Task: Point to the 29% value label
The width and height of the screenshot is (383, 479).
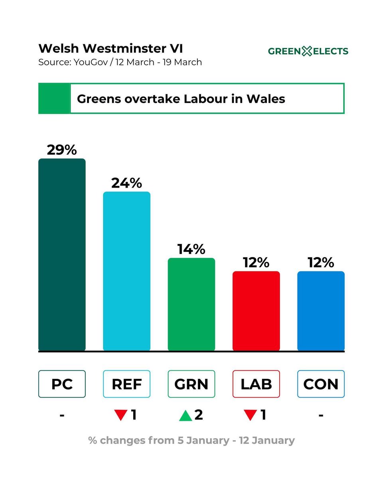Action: [x=62, y=150]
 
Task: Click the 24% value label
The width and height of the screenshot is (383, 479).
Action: [x=126, y=183]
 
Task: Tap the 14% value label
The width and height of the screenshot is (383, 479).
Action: [x=191, y=249]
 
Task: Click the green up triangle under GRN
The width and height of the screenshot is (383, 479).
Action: [x=186, y=416]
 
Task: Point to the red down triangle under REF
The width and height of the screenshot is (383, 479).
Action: [x=121, y=414]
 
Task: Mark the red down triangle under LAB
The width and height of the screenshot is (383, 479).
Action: [x=251, y=414]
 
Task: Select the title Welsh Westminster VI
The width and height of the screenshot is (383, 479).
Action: [x=111, y=48]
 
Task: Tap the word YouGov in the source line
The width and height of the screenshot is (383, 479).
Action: [x=91, y=62]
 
